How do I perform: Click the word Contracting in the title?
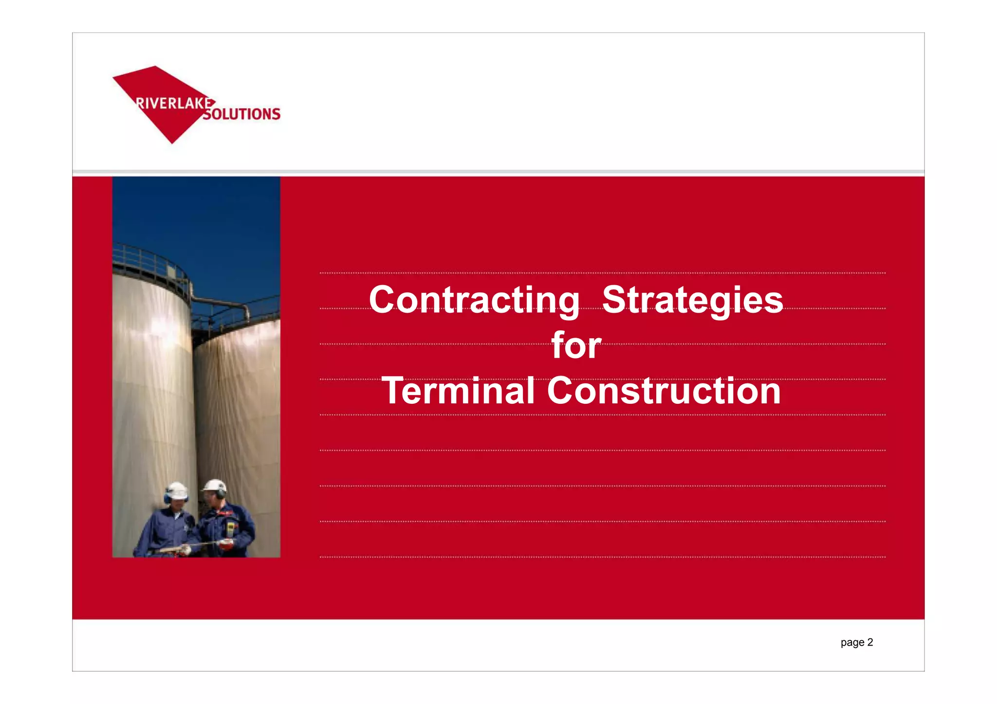click(474, 300)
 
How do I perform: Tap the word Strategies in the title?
click(692, 300)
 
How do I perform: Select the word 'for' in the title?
click(576, 346)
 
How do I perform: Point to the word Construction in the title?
click(664, 391)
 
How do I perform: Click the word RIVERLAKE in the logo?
click(174, 104)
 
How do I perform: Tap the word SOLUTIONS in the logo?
click(242, 114)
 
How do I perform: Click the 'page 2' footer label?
click(856, 642)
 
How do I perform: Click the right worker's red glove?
click(225, 544)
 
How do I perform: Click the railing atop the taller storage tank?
click(146, 258)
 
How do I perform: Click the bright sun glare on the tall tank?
click(161, 326)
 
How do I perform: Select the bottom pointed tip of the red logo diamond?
click(172, 143)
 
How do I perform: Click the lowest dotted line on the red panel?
click(602, 557)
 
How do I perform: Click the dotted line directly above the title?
click(602, 273)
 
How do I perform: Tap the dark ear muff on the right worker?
click(221, 493)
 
